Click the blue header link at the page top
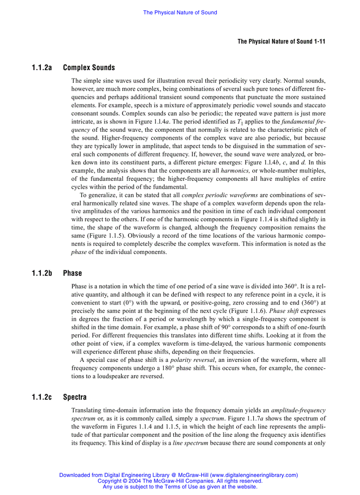click(x=180, y=12)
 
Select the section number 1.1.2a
click(x=42, y=68)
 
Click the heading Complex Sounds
click(x=89, y=68)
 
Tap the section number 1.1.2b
click(x=42, y=273)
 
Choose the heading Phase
click(x=72, y=273)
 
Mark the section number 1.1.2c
click(x=42, y=397)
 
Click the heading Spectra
click(x=75, y=397)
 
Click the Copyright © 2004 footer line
click(x=180, y=481)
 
